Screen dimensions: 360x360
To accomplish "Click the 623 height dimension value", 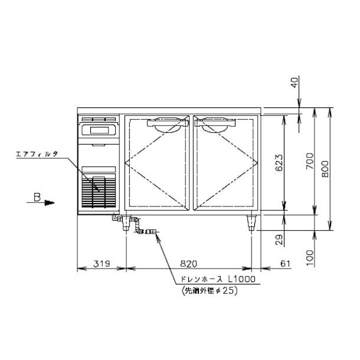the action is click(x=279, y=163).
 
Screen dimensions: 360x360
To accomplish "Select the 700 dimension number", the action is click(x=310, y=161).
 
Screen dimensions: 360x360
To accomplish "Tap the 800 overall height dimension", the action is click(x=325, y=169).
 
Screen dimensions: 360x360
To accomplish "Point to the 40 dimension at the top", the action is click(x=295, y=83).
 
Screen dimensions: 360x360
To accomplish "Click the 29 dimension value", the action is click(x=279, y=240).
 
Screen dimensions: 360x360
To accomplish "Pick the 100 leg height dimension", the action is click(x=310, y=258).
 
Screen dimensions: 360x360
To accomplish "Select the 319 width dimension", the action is click(x=102, y=264).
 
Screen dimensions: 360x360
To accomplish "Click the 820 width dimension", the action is click(x=188, y=264).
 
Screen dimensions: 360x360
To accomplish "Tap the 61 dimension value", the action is click(x=285, y=264).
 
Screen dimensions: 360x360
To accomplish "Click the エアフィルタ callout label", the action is click(x=37, y=154).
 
